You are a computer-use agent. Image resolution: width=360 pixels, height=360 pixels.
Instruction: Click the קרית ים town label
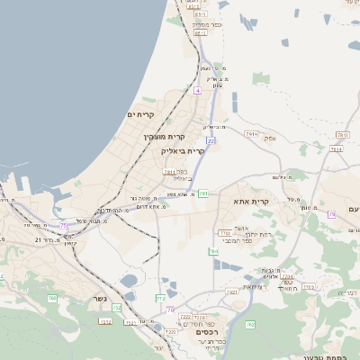[142, 114]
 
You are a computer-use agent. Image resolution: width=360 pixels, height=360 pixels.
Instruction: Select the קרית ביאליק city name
[184, 150]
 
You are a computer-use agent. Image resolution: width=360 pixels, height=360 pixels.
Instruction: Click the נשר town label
[100, 299]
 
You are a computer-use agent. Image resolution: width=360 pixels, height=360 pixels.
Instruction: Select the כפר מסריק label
[206, 25]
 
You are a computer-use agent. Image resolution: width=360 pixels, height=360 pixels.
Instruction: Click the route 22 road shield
[211, 140]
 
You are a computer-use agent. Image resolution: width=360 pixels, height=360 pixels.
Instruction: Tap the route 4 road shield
[197, 91]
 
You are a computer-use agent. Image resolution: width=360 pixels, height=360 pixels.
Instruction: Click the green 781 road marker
[203, 193]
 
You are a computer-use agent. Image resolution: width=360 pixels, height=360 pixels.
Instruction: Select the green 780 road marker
[214, 251]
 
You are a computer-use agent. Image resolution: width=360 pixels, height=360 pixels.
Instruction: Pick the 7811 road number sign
[168, 172]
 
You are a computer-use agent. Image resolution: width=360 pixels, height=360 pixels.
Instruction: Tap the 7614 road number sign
[251, 133]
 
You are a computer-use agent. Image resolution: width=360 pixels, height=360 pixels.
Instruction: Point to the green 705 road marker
[331, 214]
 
